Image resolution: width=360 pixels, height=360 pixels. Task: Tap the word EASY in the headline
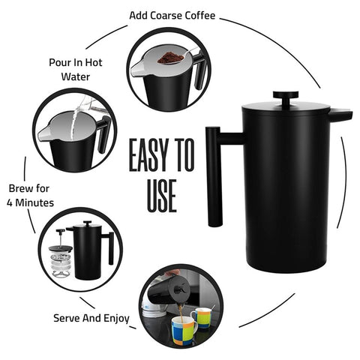[148, 155]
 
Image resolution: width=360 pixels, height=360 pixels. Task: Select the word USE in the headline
[162, 196]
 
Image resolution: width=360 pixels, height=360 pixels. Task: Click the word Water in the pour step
[76, 76]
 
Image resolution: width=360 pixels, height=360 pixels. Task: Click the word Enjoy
[116, 319]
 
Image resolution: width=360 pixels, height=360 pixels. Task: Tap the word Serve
[67, 318]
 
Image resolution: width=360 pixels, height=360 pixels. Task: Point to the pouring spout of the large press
[341, 115]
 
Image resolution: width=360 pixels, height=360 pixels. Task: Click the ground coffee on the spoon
[171, 58]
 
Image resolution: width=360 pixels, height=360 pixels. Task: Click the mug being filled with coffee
[184, 331]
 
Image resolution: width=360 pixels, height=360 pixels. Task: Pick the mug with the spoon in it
[202, 317]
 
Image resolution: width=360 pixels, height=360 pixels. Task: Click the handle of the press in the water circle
[103, 134]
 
